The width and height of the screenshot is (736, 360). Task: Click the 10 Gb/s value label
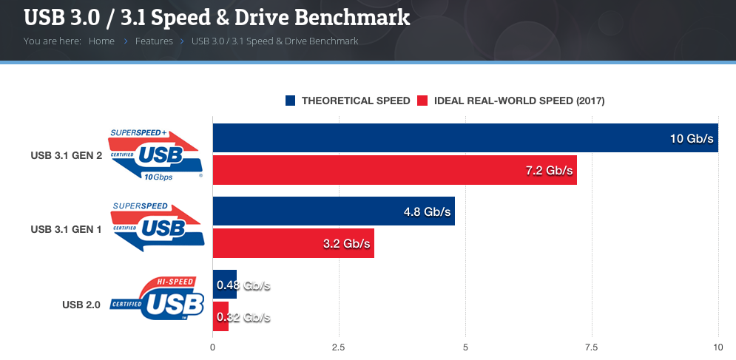click(691, 138)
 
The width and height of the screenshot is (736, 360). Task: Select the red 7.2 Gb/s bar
click(370, 171)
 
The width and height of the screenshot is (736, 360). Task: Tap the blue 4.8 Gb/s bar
click(311, 211)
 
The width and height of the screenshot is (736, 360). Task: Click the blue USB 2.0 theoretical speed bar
click(224, 285)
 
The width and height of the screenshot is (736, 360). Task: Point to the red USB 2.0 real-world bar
click(220, 316)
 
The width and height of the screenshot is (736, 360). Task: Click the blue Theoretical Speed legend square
click(291, 101)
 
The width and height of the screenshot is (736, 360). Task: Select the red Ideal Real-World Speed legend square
click(423, 101)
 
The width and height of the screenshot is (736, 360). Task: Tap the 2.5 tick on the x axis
click(339, 347)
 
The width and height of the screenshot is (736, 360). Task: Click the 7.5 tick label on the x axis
click(591, 347)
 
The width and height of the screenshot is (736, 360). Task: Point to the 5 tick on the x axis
click(465, 347)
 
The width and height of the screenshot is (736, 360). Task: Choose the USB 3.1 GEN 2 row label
click(67, 156)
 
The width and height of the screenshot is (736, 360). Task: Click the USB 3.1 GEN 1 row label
click(67, 229)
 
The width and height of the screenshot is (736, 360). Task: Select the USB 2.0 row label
click(81, 303)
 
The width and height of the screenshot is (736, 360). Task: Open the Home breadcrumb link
click(101, 41)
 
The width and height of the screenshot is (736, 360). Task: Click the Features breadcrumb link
click(154, 41)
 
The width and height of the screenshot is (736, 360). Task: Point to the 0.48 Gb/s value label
click(243, 285)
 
